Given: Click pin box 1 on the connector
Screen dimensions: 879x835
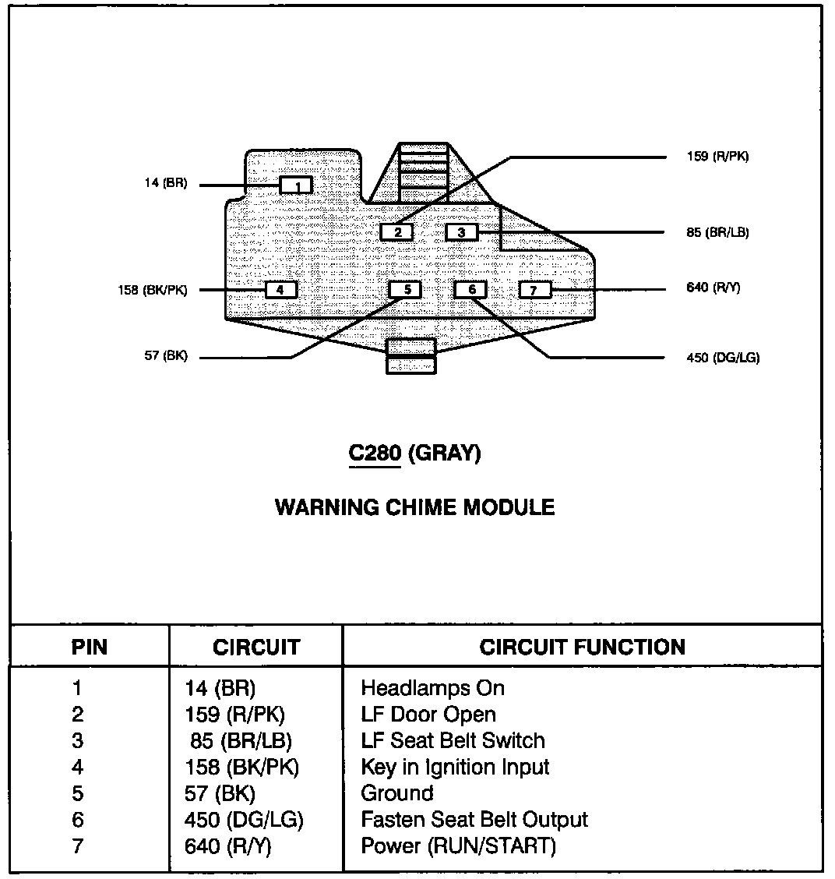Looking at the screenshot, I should pos(296,185).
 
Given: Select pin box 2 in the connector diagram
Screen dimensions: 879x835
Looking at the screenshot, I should pos(397,231).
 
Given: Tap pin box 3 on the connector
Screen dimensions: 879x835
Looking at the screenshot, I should pos(461,231).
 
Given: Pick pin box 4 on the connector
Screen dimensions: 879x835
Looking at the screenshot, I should pos(281,290).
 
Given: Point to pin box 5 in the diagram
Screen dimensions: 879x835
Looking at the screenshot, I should pos(405,290).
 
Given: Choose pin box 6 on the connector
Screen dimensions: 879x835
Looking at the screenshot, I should pos(470,290).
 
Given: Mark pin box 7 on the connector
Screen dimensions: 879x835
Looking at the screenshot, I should pos(534,290).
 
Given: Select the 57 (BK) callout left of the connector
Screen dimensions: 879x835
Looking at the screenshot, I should pos(165,357).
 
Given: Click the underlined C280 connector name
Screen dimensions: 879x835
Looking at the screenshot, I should pos(374,454).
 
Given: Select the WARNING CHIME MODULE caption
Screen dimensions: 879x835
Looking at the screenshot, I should pos(415,508).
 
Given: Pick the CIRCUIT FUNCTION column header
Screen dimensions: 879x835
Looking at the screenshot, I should pos(582,647).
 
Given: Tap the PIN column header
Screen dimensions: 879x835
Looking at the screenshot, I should pos(90,647).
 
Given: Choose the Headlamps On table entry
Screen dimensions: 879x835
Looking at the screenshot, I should pos(432,688).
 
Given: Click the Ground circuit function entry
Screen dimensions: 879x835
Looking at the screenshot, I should pos(396,793).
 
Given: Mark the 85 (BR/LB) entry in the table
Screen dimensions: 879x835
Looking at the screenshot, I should pos(241,740).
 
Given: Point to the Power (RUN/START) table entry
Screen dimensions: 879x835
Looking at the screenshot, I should pos(458,845).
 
